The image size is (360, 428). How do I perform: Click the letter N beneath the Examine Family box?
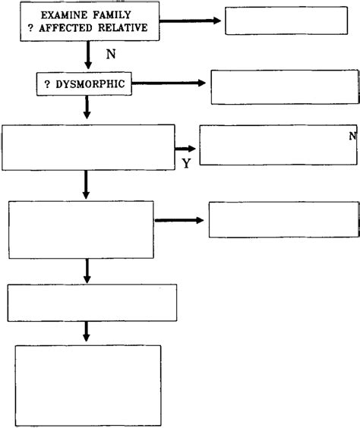[x=111, y=55]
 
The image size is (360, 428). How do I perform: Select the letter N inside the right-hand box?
[x=352, y=136]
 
